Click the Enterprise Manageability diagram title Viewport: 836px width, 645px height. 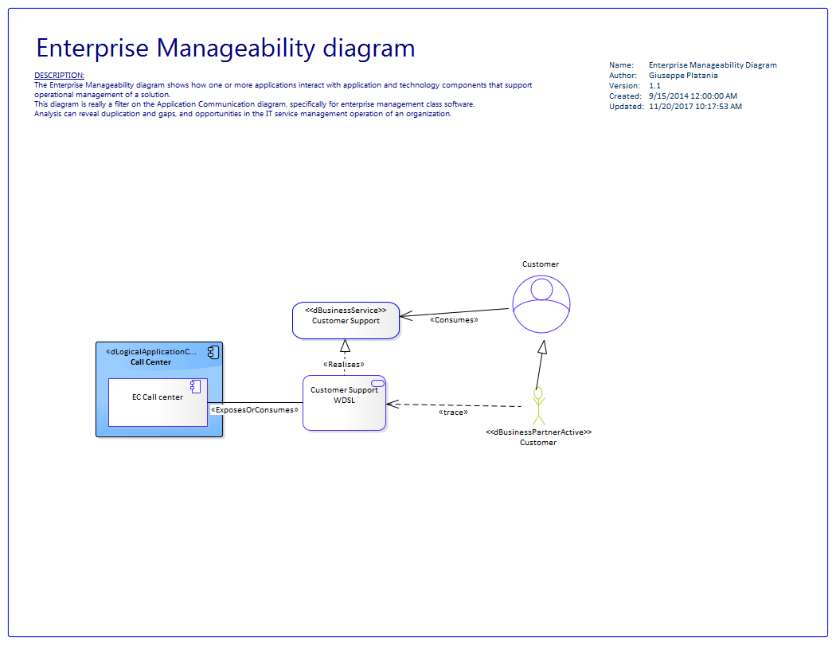[x=225, y=48]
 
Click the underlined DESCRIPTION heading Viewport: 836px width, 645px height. [x=60, y=75]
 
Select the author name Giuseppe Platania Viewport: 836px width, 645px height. [x=683, y=76]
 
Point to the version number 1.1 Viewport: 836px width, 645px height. [x=655, y=86]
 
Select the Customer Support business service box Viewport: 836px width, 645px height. [x=346, y=320]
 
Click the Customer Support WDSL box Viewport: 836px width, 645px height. [x=344, y=403]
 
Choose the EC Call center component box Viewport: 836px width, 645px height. [x=158, y=402]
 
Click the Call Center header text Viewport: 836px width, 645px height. [x=150, y=362]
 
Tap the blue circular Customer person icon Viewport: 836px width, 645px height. [x=541, y=303]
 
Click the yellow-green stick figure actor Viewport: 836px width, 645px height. [x=538, y=406]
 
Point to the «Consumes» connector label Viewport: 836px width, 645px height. [x=454, y=320]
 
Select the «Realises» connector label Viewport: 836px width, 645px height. [x=344, y=365]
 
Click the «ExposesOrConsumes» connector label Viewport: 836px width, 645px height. [x=255, y=410]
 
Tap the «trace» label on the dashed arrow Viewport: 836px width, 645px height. [x=453, y=412]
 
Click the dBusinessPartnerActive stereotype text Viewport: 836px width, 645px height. [x=538, y=432]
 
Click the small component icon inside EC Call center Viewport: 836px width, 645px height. [x=195, y=386]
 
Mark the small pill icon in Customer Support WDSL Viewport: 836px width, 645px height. [x=377, y=384]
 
